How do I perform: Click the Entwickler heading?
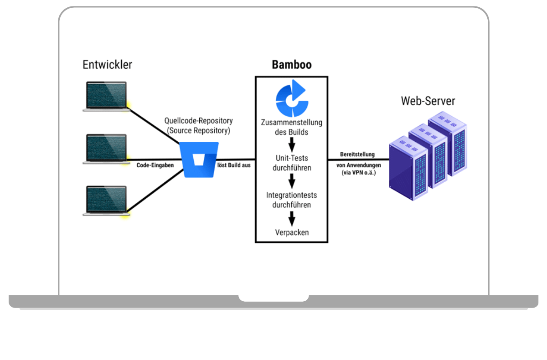click(x=107, y=65)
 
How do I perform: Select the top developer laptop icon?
click(x=105, y=96)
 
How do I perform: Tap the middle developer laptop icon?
click(x=105, y=149)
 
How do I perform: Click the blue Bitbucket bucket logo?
click(x=199, y=159)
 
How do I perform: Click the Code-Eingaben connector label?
click(x=155, y=165)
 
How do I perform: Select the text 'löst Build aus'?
click(x=234, y=165)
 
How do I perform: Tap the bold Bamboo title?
click(x=292, y=65)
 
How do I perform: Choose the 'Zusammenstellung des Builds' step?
click(x=292, y=127)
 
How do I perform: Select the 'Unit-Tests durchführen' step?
click(x=292, y=163)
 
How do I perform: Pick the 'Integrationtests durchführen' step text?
click(x=292, y=200)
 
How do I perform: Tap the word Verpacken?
click(x=292, y=232)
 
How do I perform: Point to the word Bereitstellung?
click(x=357, y=154)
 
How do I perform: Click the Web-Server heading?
click(x=428, y=101)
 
